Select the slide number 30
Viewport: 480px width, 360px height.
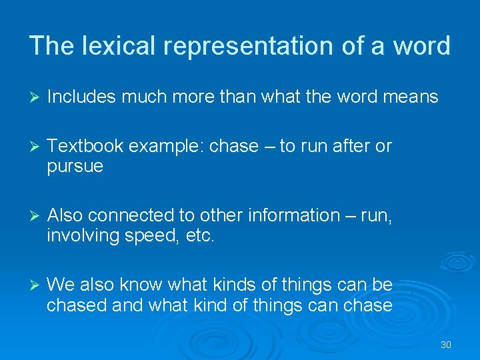coord(446,345)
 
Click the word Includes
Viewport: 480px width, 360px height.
coord(79,97)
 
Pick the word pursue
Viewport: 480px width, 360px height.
coord(75,167)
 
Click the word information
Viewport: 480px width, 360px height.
coord(283,215)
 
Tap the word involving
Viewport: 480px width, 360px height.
coord(78,236)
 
